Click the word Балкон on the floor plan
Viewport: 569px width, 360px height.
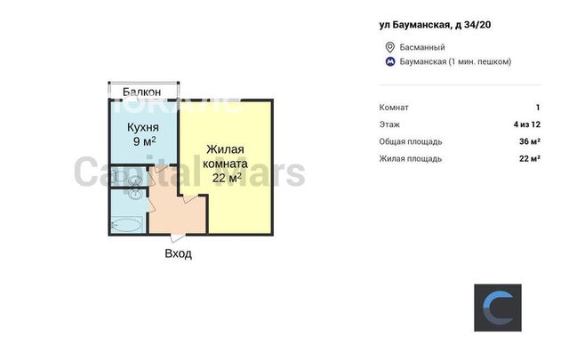click(141, 92)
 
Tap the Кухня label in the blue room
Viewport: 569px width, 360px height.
click(142, 127)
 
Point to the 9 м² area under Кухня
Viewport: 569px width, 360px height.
click(144, 141)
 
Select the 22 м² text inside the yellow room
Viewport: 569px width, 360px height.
click(227, 178)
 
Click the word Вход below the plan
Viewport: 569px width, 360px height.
click(178, 253)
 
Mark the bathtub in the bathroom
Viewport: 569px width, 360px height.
click(126, 225)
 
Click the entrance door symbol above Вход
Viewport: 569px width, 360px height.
click(178, 237)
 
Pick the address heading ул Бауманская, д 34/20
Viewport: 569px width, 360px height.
click(435, 25)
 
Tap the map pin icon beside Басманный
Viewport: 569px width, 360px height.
click(389, 47)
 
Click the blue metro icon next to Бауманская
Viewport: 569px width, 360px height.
click(390, 61)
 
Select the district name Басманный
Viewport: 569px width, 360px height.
click(422, 47)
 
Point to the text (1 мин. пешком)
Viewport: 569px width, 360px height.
click(480, 61)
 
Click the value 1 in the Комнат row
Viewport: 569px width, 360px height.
click(538, 108)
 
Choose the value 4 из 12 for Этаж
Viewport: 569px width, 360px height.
click(527, 124)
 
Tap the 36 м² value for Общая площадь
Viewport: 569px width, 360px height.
click(530, 141)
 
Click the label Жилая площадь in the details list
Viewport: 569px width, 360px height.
click(411, 158)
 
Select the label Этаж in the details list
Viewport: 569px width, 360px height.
click(389, 124)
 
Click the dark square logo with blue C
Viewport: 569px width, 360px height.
click(498, 308)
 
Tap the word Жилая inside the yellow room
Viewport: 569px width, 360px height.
click(225, 149)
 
